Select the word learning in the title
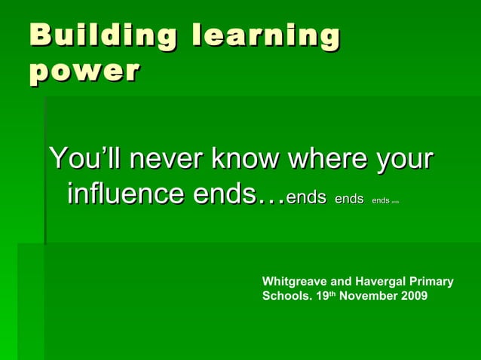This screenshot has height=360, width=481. (x=265, y=36)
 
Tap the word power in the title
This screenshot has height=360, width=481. (x=84, y=72)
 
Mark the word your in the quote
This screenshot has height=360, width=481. (x=406, y=161)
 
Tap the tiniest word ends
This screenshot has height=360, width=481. (x=395, y=202)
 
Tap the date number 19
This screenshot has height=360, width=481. (x=323, y=296)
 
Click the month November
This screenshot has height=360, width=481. (x=369, y=296)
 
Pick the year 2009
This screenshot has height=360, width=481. (x=414, y=296)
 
